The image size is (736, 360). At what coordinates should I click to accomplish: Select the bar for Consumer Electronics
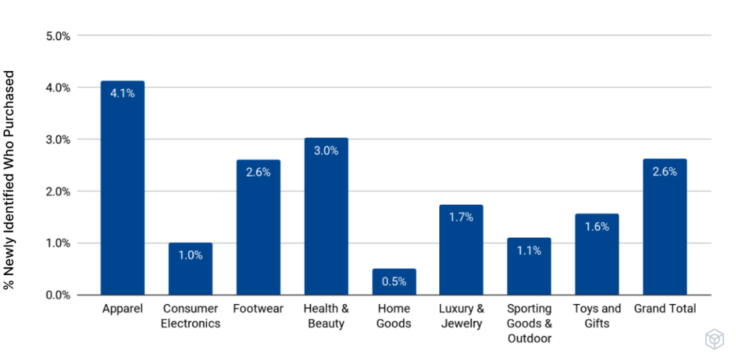point(190,269)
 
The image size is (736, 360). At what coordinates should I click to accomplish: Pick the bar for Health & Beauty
point(326,216)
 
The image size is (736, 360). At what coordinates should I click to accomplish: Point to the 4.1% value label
point(122,93)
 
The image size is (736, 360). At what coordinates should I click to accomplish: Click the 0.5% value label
point(394,282)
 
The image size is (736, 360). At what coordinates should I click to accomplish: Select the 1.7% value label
point(461,217)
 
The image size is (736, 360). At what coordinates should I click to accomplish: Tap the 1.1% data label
point(529,250)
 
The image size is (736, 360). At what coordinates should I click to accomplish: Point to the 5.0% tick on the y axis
point(55,35)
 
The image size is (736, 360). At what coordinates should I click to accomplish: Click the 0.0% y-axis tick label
point(55,295)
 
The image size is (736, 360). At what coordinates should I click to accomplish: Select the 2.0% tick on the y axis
point(55,191)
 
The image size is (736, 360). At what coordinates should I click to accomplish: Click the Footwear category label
point(258,309)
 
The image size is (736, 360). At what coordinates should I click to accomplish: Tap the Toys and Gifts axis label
point(597,316)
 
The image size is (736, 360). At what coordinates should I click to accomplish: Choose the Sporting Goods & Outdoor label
point(529,323)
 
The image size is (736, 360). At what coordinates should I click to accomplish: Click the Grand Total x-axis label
point(665,309)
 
